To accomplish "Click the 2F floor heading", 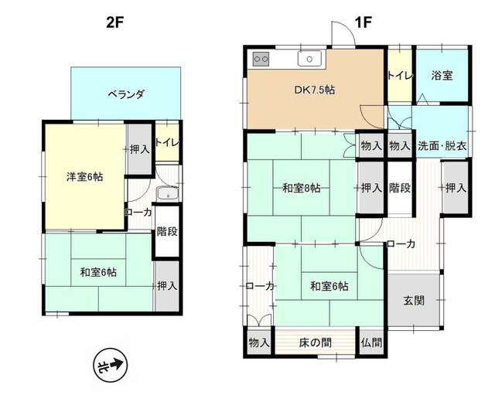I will coord(114,22).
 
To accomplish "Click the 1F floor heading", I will coord(363,22).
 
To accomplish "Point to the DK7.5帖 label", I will coord(314,90).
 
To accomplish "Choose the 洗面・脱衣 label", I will coord(442,145).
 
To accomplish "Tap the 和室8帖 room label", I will coord(302,188).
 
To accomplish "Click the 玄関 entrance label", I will coord(413,301).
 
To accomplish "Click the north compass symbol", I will coord(109,364).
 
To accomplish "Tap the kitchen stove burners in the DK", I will coord(261,60).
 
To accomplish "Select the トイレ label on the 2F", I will coord(167,142).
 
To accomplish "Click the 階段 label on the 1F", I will coord(399,188).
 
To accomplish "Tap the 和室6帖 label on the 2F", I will coord(98,271).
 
